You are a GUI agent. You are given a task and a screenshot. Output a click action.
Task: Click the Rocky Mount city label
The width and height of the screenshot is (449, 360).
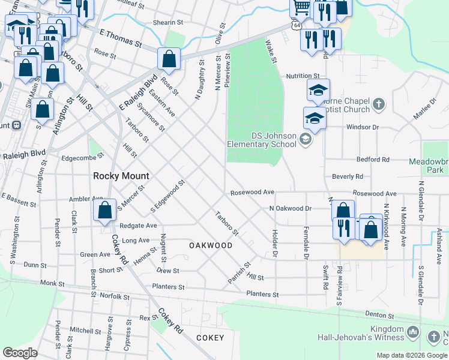[x=121, y=176]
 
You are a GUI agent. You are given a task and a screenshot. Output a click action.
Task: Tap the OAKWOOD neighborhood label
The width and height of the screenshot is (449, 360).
[x=211, y=245]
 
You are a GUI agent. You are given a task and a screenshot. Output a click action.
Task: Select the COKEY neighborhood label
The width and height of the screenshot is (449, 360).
[x=210, y=338]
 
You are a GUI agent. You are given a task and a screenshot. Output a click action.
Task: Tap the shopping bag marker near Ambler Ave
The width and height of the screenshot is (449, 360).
[x=105, y=211]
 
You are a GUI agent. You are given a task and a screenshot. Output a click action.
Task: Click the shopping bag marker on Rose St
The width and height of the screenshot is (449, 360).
[x=169, y=59]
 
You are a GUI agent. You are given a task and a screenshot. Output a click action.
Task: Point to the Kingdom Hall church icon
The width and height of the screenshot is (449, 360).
[x=412, y=332]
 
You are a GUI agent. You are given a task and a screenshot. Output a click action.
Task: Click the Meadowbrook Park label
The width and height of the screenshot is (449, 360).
[x=429, y=166]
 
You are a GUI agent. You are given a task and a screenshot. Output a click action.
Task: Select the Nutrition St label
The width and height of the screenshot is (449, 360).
[x=303, y=76]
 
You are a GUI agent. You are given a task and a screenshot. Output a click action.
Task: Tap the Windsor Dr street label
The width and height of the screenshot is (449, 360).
[x=363, y=127]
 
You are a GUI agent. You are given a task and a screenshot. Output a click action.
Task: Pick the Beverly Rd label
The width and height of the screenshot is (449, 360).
[x=348, y=176]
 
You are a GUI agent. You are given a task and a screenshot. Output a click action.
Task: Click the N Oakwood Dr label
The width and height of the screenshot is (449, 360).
[x=291, y=208]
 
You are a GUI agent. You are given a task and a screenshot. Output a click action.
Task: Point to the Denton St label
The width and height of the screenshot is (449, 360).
[x=379, y=315]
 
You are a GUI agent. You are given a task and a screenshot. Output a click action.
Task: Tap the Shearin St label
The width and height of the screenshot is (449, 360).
[x=167, y=22]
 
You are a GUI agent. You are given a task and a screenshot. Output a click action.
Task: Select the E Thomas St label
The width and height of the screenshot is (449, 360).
[x=121, y=39]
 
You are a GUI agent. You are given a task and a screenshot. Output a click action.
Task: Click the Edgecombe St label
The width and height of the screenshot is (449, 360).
[x=83, y=158]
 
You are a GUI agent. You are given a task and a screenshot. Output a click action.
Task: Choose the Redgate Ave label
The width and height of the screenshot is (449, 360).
[x=138, y=226]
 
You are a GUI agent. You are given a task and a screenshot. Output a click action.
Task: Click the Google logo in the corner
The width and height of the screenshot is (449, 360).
[x=20, y=353]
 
